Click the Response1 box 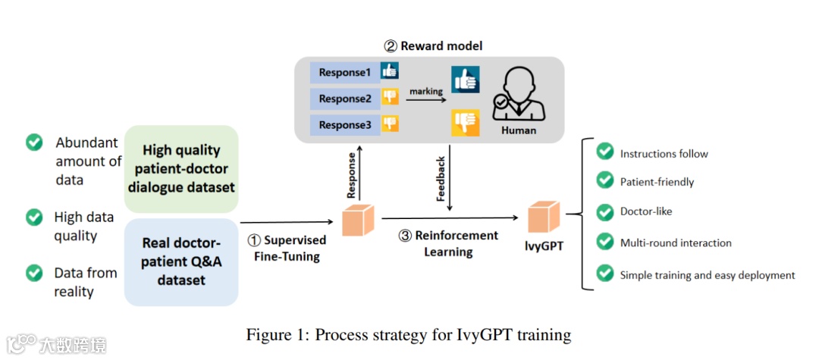(344, 73)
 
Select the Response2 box (344, 99)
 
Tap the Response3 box (344, 124)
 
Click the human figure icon (518, 94)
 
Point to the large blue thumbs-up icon (466, 80)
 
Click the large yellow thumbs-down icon (466, 122)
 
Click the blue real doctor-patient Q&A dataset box (181, 261)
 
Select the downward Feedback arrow (450, 179)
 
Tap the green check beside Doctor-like (604, 211)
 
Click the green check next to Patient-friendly (604, 181)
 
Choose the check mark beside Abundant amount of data (34, 142)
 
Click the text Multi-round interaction (676, 243)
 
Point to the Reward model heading (433, 46)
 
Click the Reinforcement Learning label (448, 243)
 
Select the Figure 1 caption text (409, 333)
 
